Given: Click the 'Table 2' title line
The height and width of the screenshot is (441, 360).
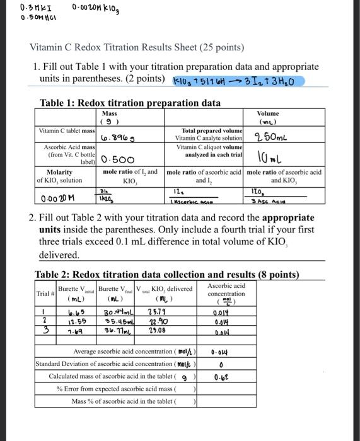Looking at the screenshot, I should [167, 275].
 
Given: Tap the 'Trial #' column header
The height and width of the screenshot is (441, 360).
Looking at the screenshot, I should [44, 294].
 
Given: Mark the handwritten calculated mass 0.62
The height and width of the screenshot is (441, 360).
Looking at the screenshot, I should [221, 378].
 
